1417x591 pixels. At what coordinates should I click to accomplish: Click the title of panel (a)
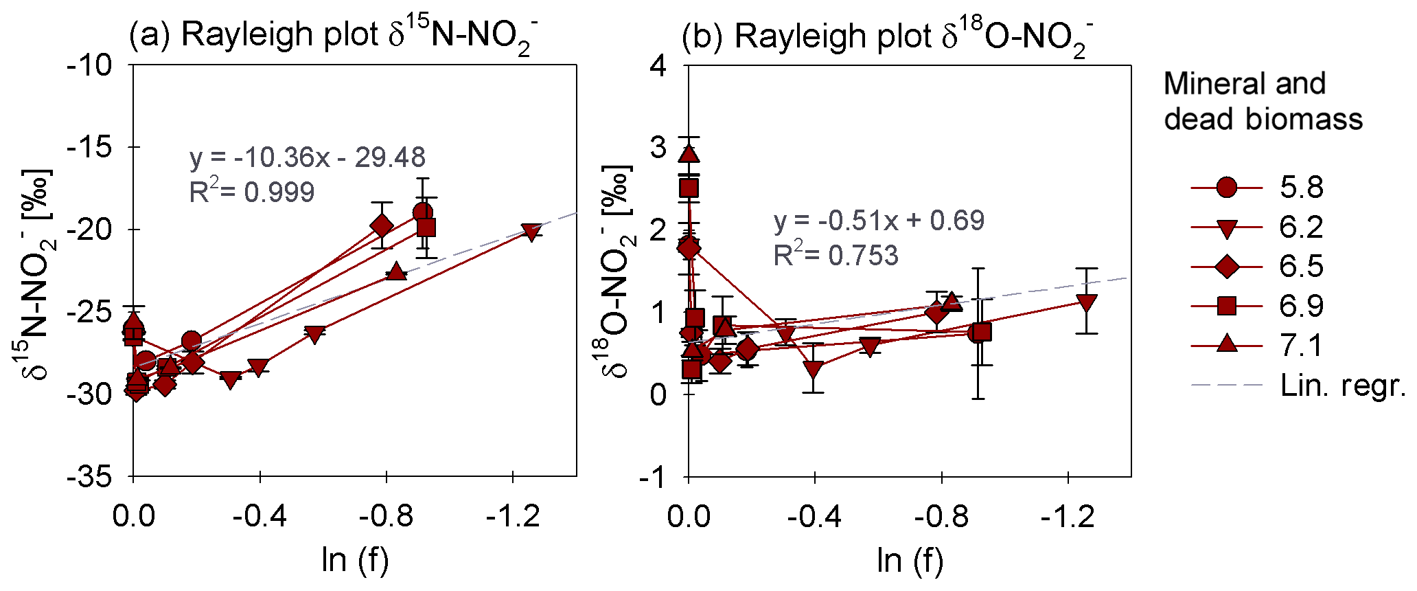[334, 36]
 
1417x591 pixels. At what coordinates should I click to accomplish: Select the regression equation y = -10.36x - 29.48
[307, 157]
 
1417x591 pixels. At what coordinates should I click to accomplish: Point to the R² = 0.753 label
[836, 255]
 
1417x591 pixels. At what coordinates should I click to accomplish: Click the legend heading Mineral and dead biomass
[1263, 101]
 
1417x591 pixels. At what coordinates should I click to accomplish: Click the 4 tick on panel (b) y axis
[659, 65]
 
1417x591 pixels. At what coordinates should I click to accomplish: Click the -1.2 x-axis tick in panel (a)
[513, 515]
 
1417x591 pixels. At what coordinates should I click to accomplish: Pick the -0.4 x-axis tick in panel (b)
[814, 515]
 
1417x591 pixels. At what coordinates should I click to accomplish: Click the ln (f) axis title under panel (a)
[355, 560]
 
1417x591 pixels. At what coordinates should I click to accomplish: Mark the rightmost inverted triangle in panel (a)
[531, 232]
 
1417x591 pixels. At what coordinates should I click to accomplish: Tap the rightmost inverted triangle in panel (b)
[1086, 303]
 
